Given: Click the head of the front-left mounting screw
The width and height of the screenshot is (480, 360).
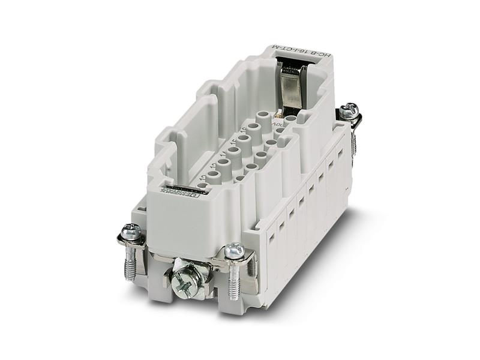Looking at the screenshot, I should (x=131, y=231).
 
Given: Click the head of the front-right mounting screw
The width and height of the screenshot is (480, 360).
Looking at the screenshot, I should (x=235, y=250).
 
